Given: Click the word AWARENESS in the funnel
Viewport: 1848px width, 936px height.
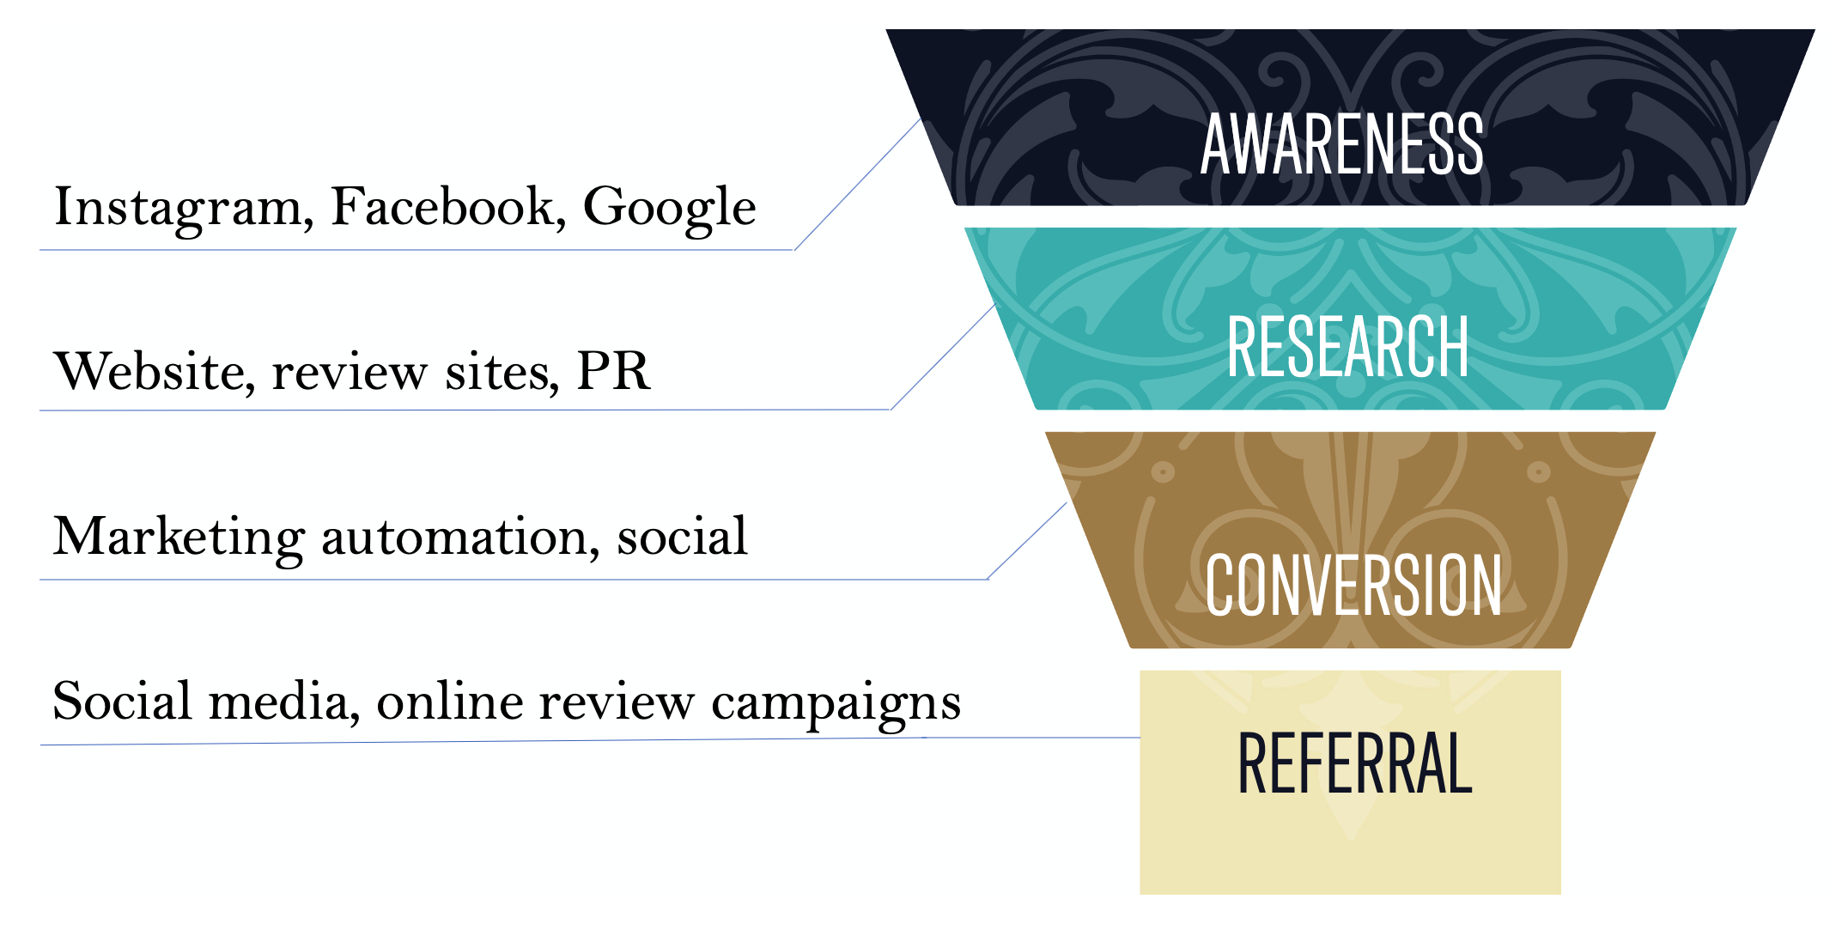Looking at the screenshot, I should point(1341,144).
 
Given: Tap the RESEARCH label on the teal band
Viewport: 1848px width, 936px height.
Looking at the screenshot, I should point(1347,346).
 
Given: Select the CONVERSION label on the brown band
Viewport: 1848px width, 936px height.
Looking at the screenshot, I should point(1353,585).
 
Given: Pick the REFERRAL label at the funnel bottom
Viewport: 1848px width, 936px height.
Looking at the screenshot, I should point(1354,763).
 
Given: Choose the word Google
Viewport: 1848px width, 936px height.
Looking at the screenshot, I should point(669,208).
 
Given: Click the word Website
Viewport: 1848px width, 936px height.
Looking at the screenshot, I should point(155,372).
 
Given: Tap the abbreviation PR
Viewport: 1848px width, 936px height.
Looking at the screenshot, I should point(613,372).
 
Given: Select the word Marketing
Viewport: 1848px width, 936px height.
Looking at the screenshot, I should point(179,538).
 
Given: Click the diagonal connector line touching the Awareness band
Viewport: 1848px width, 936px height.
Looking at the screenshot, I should point(857,185).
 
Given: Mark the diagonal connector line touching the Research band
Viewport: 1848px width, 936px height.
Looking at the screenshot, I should point(943,357).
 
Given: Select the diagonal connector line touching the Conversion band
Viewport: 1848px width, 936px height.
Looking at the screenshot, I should point(1027,541).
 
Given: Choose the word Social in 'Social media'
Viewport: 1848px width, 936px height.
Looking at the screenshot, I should point(122,702).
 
